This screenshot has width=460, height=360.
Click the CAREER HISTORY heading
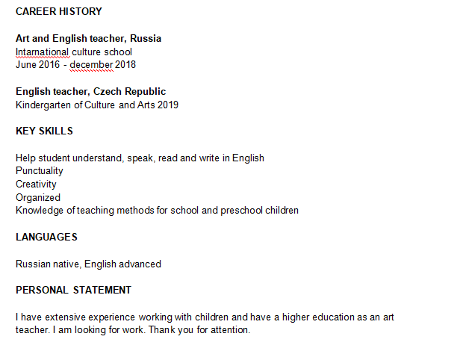click(x=59, y=12)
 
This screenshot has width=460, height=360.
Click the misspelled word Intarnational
click(x=43, y=52)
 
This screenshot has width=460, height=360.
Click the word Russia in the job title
click(x=146, y=39)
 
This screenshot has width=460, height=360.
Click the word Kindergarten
click(x=45, y=105)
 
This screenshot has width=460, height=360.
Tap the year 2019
click(x=168, y=105)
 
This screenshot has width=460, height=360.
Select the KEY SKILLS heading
click(x=44, y=131)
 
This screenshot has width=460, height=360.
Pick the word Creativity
click(x=36, y=184)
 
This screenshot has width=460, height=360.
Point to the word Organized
click(x=38, y=198)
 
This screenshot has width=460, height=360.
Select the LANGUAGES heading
click(x=46, y=238)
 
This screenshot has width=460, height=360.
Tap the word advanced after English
click(x=139, y=264)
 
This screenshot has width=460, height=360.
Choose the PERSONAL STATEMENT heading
click(x=73, y=290)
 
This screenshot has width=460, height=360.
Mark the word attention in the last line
click(x=229, y=330)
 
